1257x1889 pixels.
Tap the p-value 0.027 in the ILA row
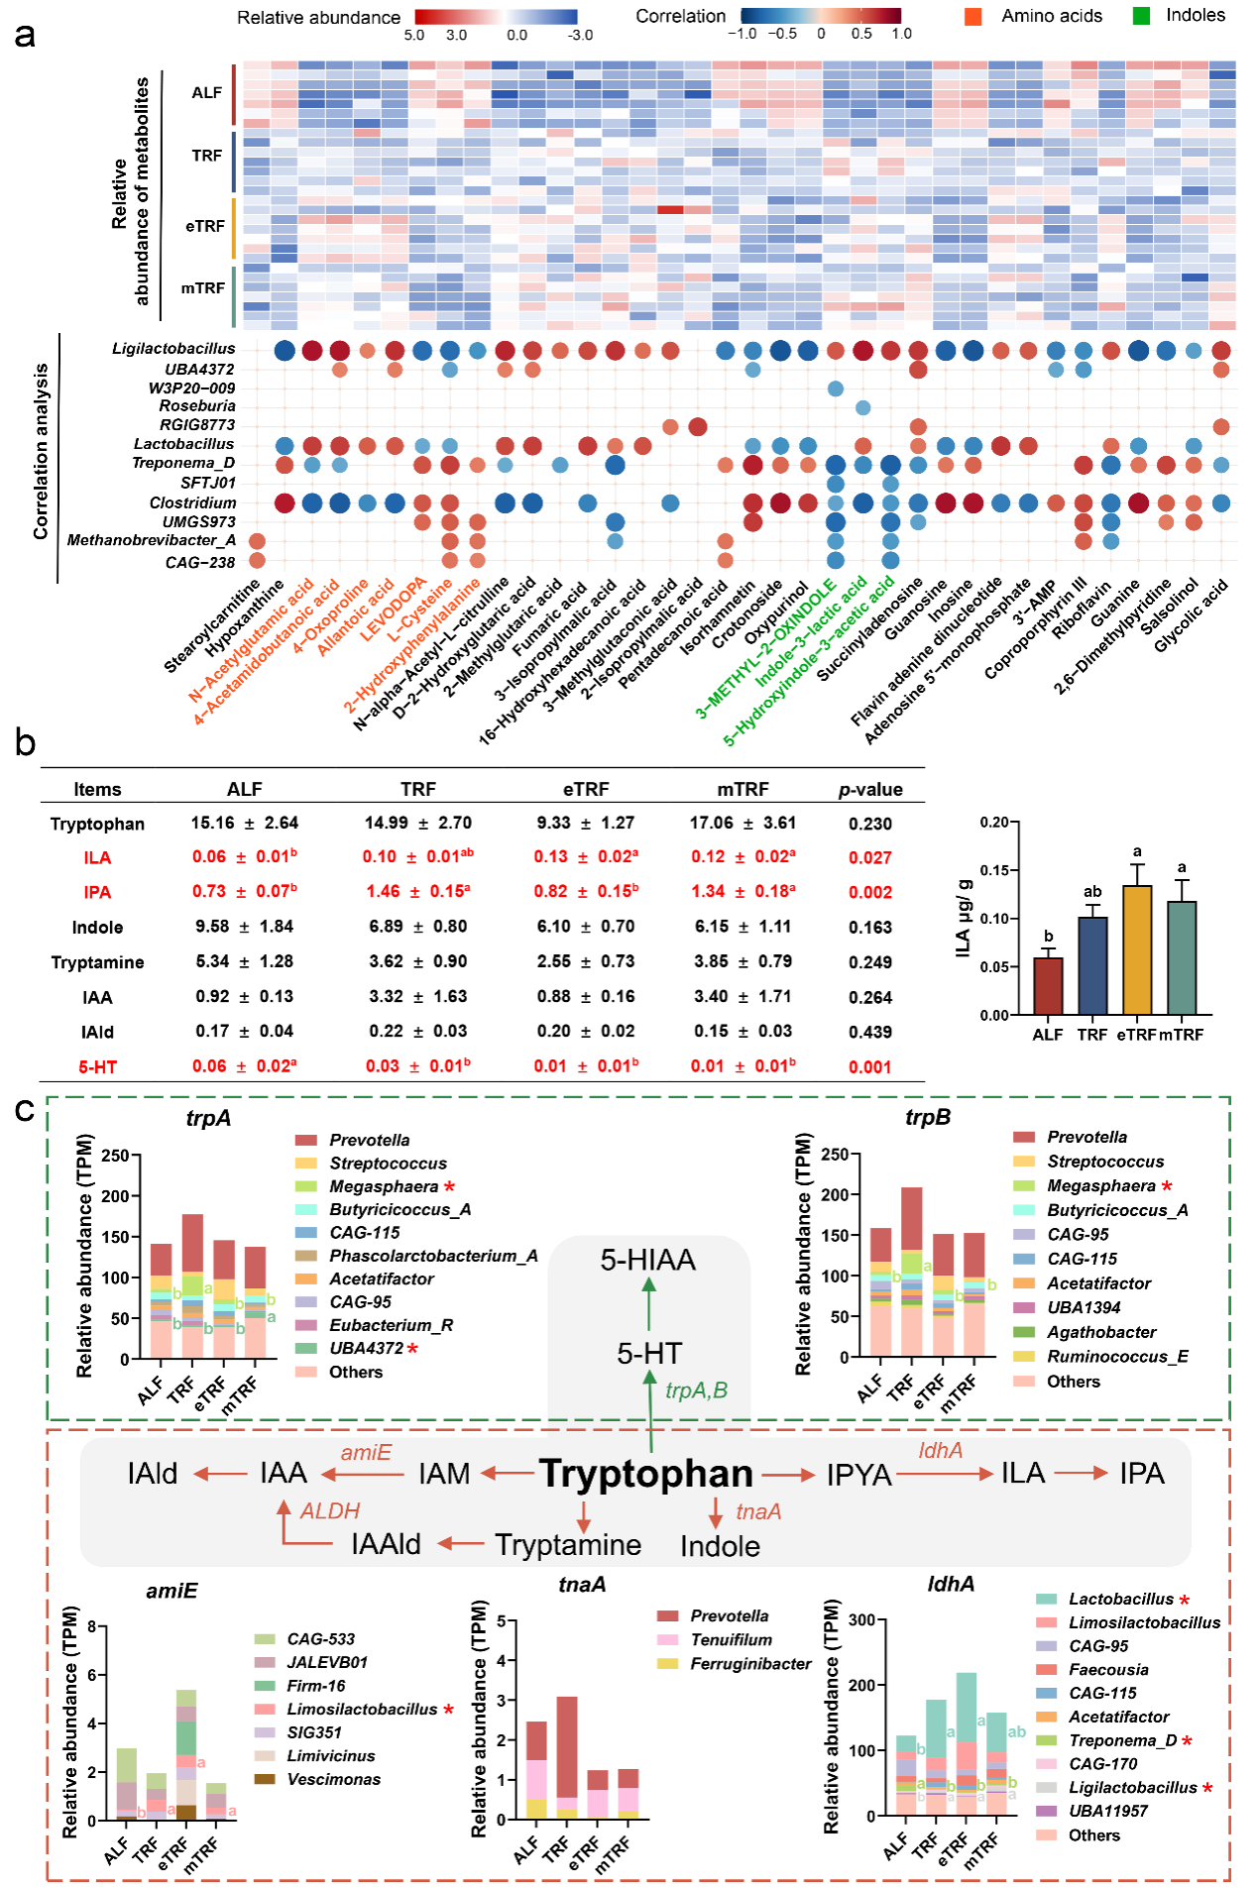pyautogui.click(x=869, y=857)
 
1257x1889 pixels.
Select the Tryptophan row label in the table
pyautogui.click(x=97, y=824)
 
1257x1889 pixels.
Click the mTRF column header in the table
pyautogui.click(x=743, y=789)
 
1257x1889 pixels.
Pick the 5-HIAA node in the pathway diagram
pyautogui.click(x=648, y=1260)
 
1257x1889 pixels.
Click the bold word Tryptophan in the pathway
pyautogui.click(x=646, y=1474)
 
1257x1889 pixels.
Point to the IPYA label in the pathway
pyautogui.click(x=858, y=1475)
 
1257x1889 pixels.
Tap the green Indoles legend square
pyautogui.click(x=1141, y=16)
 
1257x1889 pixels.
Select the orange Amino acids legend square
pyautogui.click(x=973, y=16)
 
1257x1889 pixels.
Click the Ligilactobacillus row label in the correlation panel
pyautogui.click(x=173, y=349)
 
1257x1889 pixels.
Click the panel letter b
pyautogui.click(x=25, y=742)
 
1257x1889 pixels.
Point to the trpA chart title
pyautogui.click(x=208, y=1118)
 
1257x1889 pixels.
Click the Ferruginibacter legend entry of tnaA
pyautogui.click(x=750, y=1664)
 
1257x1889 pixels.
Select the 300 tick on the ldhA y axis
pyautogui.click(x=861, y=1619)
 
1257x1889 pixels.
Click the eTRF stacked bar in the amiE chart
pyautogui.click(x=185, y=1754)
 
